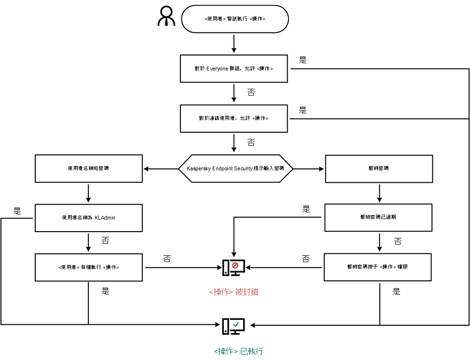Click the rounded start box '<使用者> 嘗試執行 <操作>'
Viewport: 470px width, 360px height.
pos(235,19)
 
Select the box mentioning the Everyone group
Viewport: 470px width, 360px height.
pos(234,69)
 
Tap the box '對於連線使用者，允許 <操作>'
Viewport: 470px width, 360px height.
pos(234,118)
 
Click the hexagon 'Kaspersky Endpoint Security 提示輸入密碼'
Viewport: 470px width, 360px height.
pos(235,169)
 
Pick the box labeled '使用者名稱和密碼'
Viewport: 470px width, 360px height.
pos(89,168)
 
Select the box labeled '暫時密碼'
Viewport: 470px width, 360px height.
pos(378,168)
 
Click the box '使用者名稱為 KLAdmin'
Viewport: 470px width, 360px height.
pos(89,218)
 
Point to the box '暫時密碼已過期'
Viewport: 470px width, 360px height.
pos(378,217)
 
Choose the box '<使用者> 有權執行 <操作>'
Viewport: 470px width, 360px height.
pos(89,267)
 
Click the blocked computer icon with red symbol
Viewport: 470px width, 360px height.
pos(234,268)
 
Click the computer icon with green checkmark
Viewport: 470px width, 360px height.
pos(234,326)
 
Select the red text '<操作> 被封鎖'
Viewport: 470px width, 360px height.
pos(234,292)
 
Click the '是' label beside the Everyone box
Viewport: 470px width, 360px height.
pos(303,60)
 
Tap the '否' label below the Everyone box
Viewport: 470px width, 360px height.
pos(251,92)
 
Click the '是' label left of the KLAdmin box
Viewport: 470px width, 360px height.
pos(17,210)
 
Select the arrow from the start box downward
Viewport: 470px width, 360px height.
pos(234,43)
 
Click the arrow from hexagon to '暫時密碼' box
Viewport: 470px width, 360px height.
pos(309,169)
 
